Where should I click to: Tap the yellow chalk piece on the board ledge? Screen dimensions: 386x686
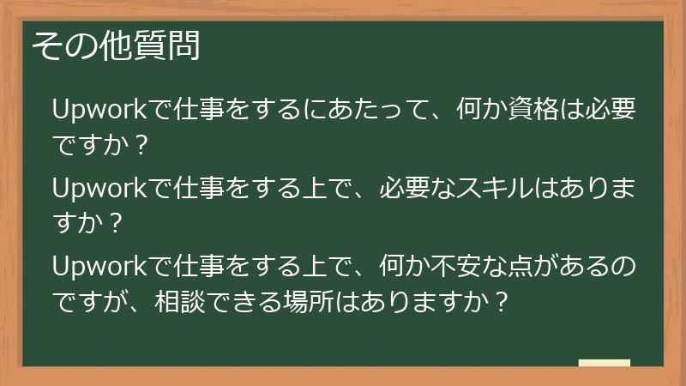click(x=604, y=363)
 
